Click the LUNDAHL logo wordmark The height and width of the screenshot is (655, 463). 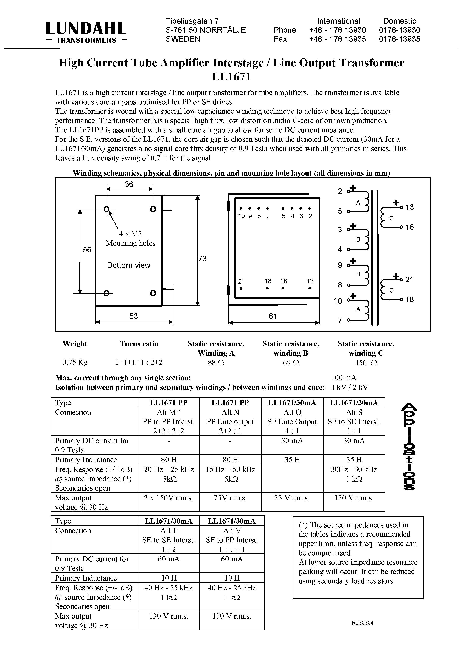[86, 29]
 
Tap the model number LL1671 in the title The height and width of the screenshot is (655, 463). [231, 77]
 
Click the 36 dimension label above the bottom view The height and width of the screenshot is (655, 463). [129, 184]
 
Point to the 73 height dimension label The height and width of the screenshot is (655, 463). [202, 259]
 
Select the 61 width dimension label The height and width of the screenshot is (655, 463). [273, 316]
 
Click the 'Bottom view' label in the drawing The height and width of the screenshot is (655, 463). [129, 265]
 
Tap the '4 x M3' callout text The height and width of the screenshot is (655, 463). [130, 234]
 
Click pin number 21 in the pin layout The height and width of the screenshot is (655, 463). [241, 281]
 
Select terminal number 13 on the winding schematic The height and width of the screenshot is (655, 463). [409, 207]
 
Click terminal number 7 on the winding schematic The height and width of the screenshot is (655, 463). [340, 320]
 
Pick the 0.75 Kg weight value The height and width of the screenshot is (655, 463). [75, 362]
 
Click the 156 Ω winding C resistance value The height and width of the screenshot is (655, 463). [366, 362]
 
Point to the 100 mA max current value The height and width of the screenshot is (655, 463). [344, 378]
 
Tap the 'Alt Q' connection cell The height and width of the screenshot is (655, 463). [292, 412]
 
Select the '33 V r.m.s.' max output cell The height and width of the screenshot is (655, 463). [292, 498]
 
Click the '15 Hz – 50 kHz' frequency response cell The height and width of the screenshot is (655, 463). [231, 469]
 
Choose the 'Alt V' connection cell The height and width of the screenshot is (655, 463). [232, 531]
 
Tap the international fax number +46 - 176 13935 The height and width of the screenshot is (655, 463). [337, 39]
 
